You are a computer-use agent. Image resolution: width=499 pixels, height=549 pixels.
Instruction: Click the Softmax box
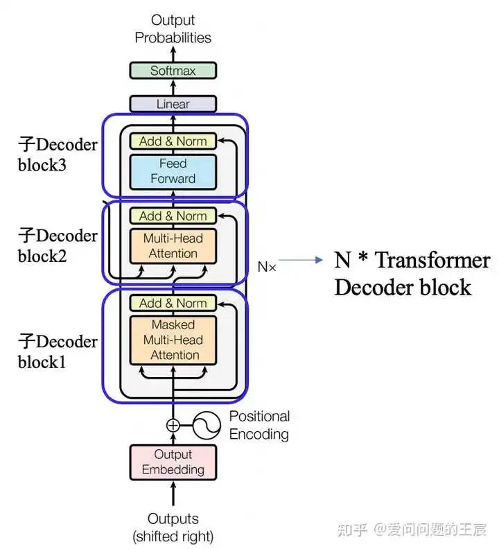(x=173, y=70)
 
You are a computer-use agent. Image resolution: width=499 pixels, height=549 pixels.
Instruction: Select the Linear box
(x=173, y=104)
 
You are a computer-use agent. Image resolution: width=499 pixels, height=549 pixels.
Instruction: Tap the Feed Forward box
(x=173, y=171)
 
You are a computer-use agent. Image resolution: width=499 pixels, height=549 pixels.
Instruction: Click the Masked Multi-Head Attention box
(x=173, y=340)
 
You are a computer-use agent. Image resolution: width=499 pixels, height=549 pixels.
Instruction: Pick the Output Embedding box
(x=173, y=462)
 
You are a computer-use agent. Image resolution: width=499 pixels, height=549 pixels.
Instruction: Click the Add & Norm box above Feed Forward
(x=173, y=141)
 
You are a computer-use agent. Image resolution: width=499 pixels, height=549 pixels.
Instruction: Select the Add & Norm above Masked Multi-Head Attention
(x=173, y=303)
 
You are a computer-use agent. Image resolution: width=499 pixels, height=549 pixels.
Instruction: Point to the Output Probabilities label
(x=173, y=29)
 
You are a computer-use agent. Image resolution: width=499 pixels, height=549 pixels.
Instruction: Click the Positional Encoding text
(x=259, y=426)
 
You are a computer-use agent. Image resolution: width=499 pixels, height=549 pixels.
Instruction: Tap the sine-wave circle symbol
(x=206, y=426)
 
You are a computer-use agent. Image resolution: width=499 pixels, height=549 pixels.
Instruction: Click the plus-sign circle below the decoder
(x=173, y=426)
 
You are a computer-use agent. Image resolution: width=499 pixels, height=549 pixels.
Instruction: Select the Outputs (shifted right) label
(x=173, y=527)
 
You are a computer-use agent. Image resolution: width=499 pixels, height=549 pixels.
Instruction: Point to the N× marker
(x=267, y=266)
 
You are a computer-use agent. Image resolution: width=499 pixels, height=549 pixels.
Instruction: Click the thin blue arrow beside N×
(x=301, y=261)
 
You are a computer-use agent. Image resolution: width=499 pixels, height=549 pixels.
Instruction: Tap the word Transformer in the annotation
(x=433, y=261)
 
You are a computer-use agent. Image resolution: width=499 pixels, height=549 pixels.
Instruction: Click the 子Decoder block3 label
(x=58, y=155)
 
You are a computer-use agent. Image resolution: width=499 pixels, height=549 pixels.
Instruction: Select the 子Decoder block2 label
(x=58, y=245)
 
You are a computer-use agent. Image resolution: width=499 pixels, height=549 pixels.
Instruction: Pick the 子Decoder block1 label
(x=58, y=351)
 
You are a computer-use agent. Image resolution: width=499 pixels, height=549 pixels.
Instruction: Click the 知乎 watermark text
(x=351, y=530)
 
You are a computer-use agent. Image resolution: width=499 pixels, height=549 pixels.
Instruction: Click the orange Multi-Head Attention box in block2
(x=173, y=246)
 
